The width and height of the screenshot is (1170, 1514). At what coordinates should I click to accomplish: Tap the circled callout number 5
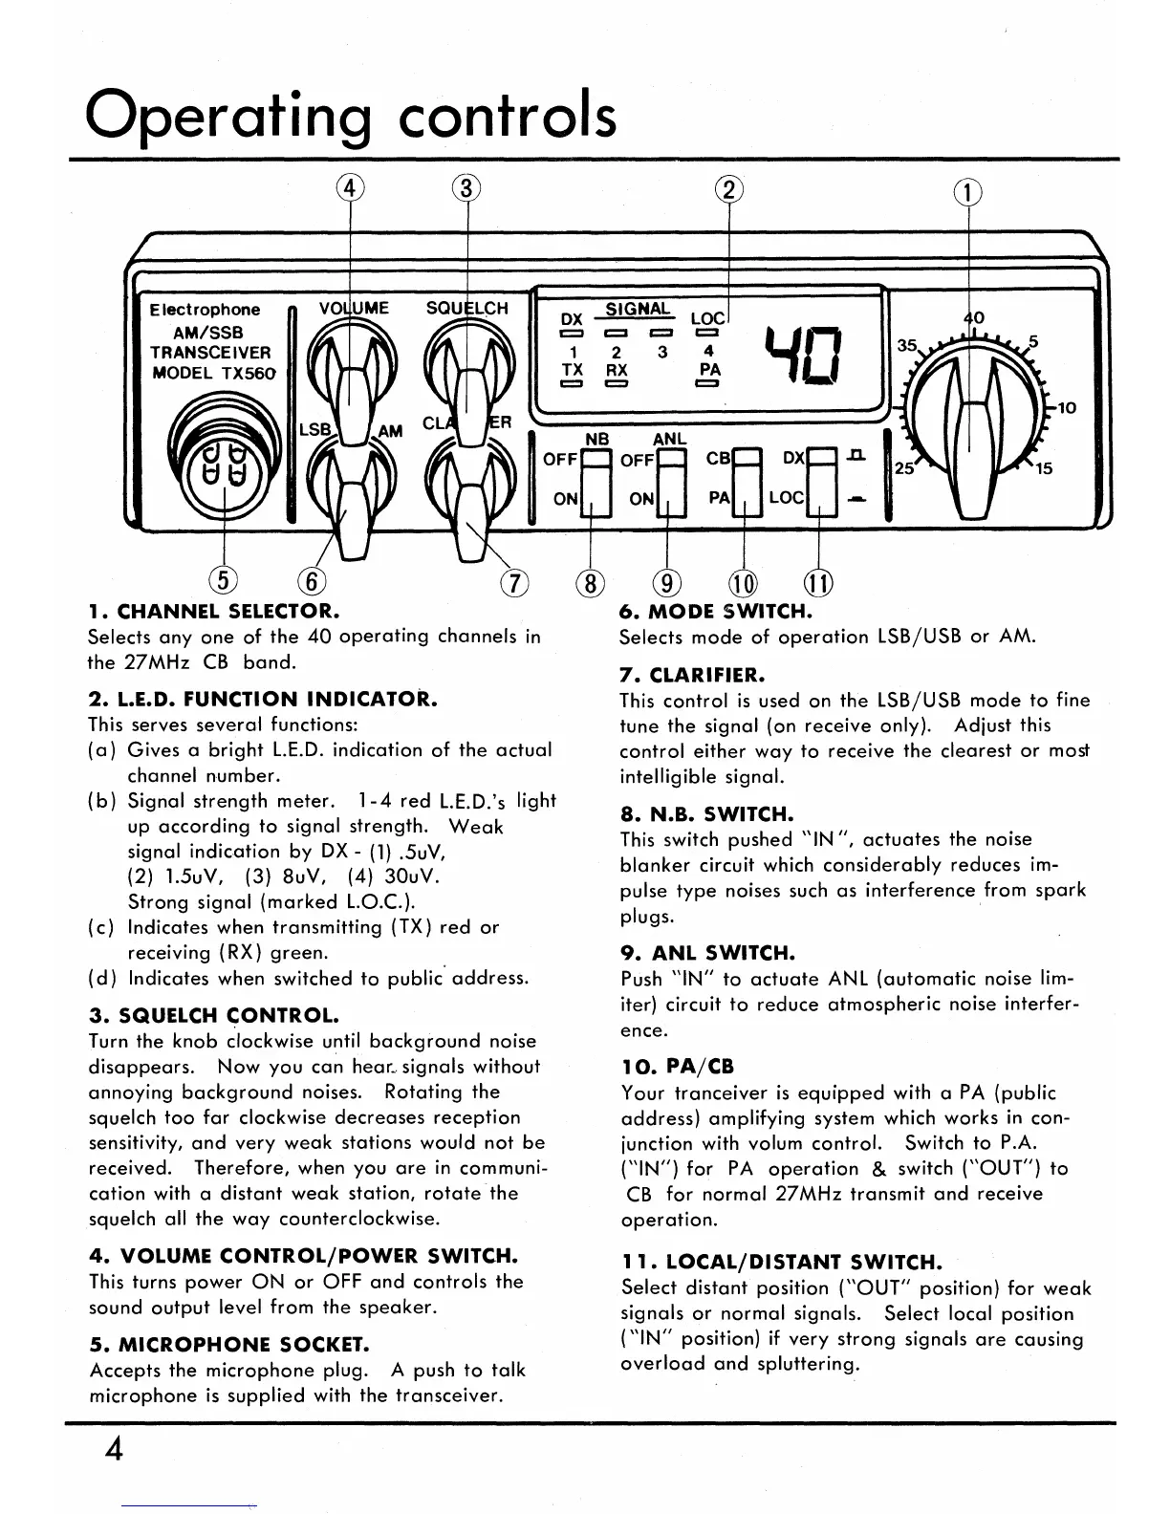pyautogui.click(x=223, y=580)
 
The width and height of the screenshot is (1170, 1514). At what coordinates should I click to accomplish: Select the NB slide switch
pyautogui.click(x=596, y=483)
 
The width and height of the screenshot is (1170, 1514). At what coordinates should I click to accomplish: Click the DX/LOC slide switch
pyautogui.click(x=822, y=483)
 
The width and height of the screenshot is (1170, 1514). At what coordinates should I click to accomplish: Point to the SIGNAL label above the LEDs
pyautogui.click(x=639, y=309)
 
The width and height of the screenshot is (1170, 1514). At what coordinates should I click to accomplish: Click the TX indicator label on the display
pyautogui.click(x=573, y=369)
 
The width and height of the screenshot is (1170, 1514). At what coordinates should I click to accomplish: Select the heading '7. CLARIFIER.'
pyautogui.click(x=691, y=674)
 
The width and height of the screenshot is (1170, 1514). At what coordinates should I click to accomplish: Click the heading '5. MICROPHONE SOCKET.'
pyautogui.click(x=228, y=1345)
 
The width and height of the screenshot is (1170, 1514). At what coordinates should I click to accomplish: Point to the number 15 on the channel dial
pyautogui.click(x=1043, y=469)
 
